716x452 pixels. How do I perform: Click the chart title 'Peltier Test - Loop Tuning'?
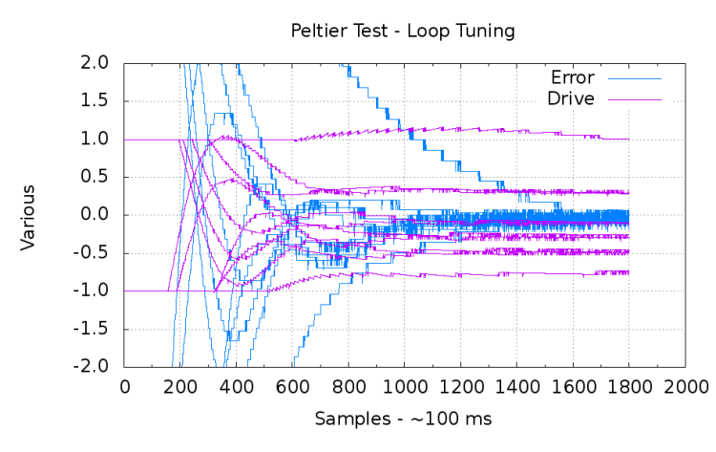[403, 32]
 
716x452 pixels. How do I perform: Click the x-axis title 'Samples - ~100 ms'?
[403, 420]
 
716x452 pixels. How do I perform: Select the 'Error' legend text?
[573, 78]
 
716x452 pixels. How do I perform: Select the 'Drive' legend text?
[571, 98]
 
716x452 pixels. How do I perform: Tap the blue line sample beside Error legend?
[632, 78]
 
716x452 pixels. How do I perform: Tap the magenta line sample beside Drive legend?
[632, 98]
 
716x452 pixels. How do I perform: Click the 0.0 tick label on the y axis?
[96, 215]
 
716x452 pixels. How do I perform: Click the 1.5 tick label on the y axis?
[96, 101]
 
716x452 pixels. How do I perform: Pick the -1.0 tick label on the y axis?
[94, 291]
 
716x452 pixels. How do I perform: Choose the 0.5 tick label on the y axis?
[96, 177]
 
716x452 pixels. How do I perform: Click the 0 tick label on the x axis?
[124, 386]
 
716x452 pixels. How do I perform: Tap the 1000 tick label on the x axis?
[404, 386]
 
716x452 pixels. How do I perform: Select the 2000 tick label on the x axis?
[684, 386]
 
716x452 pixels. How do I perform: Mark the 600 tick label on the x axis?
[292, 386]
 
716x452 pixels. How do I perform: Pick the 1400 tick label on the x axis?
[516, 386]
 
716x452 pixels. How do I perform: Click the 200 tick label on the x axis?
[180, 386]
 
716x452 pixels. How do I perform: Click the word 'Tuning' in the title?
[486, 32]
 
